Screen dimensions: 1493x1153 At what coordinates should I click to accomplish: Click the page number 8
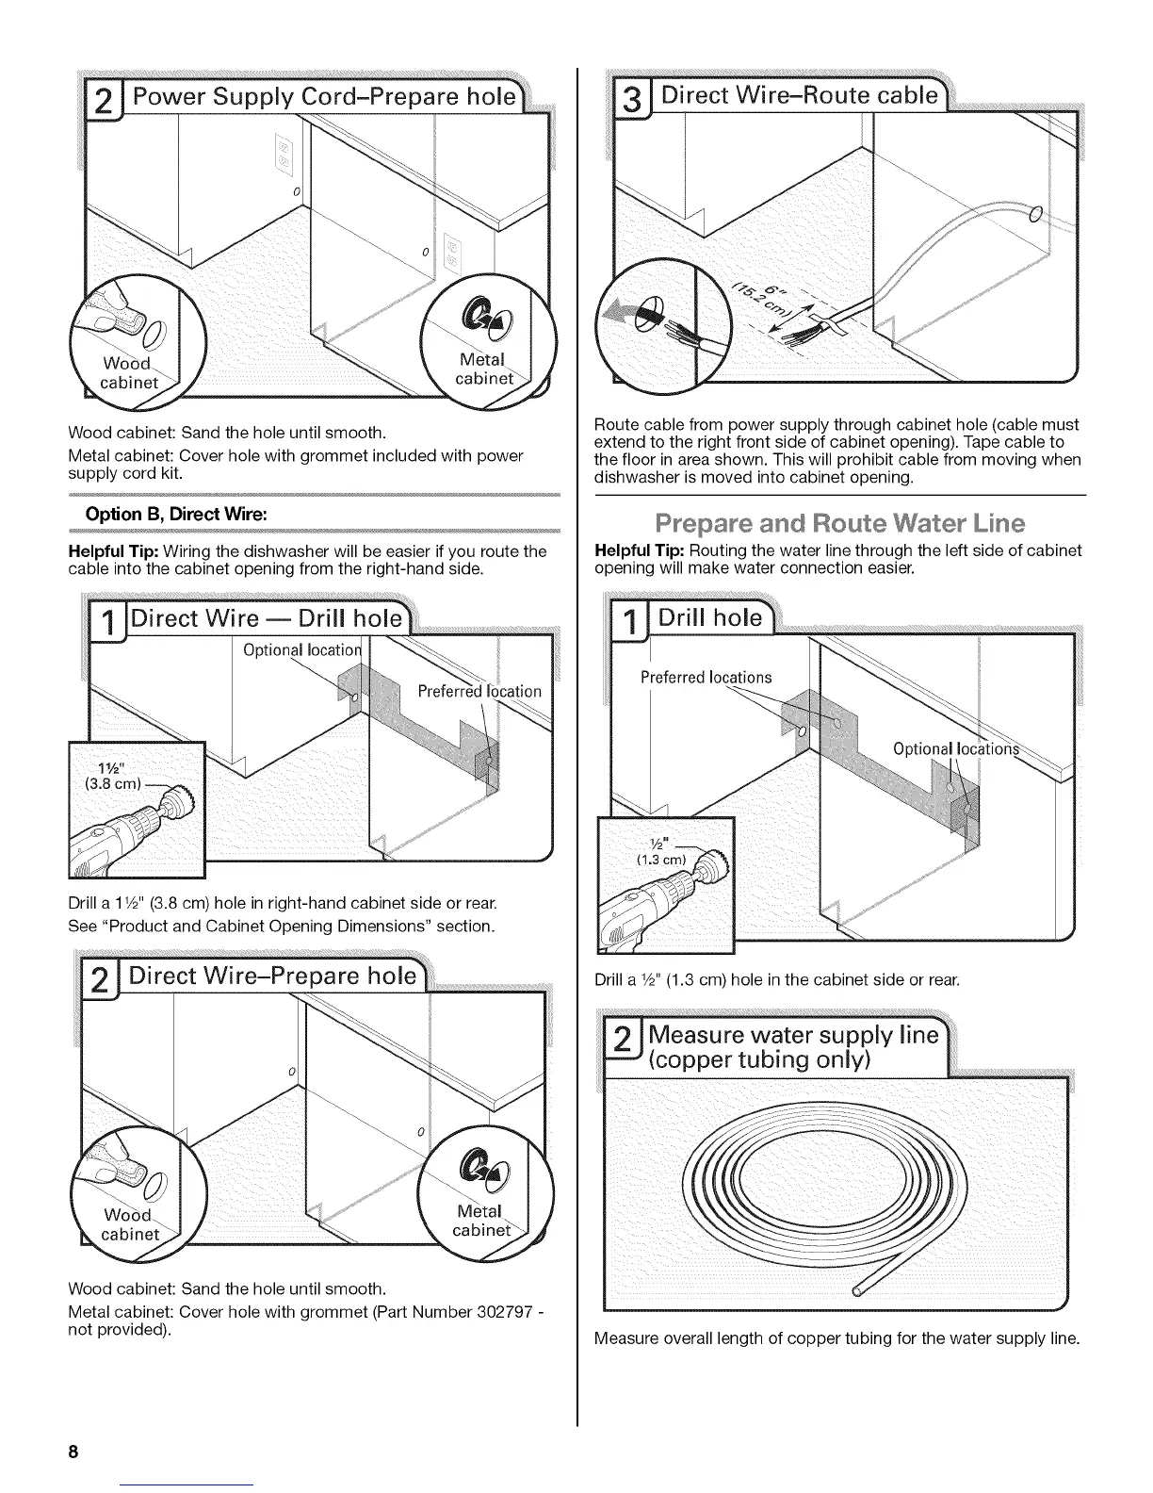(72, 1452)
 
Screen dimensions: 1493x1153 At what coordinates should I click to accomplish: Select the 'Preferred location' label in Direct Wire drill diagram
(479, 691)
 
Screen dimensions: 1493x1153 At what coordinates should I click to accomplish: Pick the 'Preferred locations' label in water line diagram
(706, 677)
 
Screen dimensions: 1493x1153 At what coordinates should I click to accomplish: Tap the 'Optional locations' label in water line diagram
(961, 749)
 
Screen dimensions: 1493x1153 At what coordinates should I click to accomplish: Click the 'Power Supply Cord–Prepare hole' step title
(323, 98)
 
